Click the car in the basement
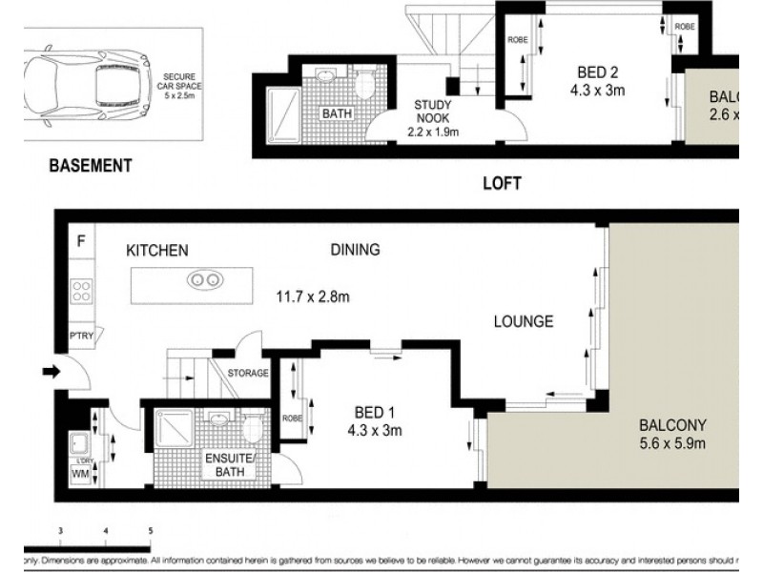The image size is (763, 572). pos(86,75)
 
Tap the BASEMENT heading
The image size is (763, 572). pos(90,166)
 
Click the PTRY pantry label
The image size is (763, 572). pos(80,335)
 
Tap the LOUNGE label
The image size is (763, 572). pos(523,321)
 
